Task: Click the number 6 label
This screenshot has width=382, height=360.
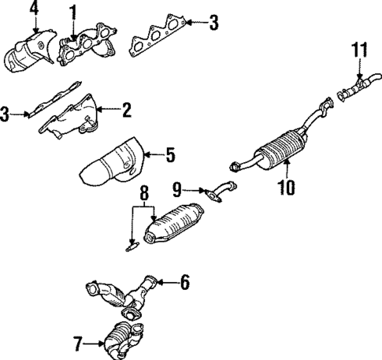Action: click(184, 280)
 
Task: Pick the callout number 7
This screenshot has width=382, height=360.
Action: click(78, 343)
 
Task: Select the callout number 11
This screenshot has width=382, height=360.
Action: click(358, 51)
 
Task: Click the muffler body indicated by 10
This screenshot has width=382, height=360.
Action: click(280, 147)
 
